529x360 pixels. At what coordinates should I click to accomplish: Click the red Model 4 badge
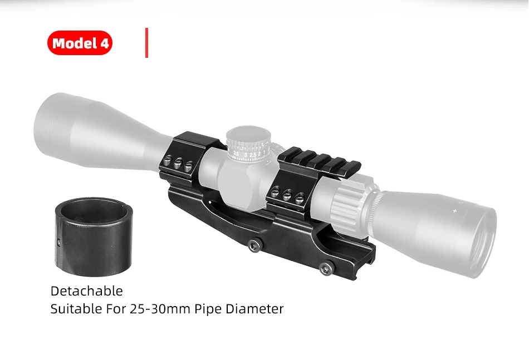pyautogui.click(x=80, y=43)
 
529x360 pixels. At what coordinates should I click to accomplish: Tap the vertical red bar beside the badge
pyautogui.click(x=147, y=43)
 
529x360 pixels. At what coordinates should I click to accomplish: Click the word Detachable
pyautogui.click(x=87, y=291)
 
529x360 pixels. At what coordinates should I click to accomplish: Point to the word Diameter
pyautogui.click(x=254, y=308)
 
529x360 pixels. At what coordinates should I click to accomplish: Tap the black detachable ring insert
pyautogui.click(x=94, y=236)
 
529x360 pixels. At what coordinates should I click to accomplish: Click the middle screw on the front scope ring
pyautogui.click(x=178, y=163)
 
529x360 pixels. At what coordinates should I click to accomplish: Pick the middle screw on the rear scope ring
pyautogui.click(x=287, y=195)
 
